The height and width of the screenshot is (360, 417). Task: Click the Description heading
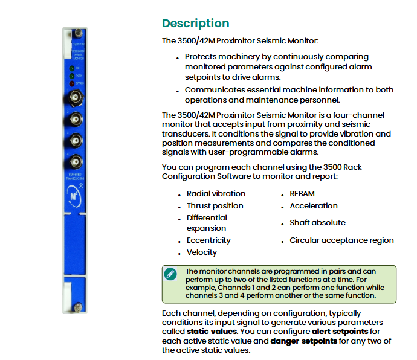click(195, 24)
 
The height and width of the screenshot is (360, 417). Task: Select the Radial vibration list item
click(216, 194)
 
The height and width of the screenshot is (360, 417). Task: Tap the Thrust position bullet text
click(215, 206)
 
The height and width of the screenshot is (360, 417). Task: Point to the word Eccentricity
click(208, 240)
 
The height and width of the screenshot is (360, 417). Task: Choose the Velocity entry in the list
click(201, 252)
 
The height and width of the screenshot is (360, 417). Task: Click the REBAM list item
click(302, 194)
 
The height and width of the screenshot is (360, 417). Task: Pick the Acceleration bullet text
click(313, 206)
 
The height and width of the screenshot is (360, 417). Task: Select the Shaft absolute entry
click(317, 223)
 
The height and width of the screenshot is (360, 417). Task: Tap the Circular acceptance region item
click(341, 240)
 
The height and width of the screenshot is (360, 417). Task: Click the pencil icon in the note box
click(171, 274)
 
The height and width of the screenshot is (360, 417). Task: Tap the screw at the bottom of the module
click(78, 308)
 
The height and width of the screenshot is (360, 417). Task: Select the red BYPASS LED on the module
click(72, 83)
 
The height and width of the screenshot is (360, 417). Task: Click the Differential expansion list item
click(207, 223)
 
